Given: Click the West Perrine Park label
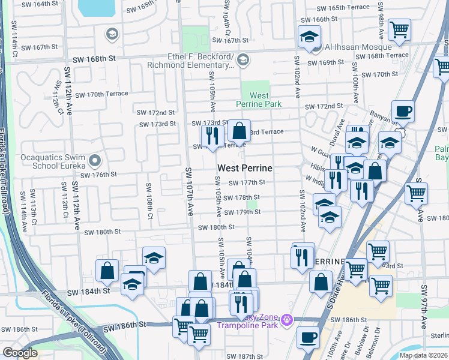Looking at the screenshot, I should (x=259, y=100).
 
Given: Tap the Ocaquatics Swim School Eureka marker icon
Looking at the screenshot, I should (x=94, y=161).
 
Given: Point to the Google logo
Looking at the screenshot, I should (x=20, y=353).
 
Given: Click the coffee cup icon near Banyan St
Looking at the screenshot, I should (x=403, y=112).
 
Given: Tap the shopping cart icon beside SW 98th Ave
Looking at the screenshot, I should (x=399, y=28).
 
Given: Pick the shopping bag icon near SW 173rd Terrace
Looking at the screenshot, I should (x=239, y=131).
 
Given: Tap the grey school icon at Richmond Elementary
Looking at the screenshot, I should (x=243, y=59).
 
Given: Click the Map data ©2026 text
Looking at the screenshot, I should (x=423, y=355).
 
